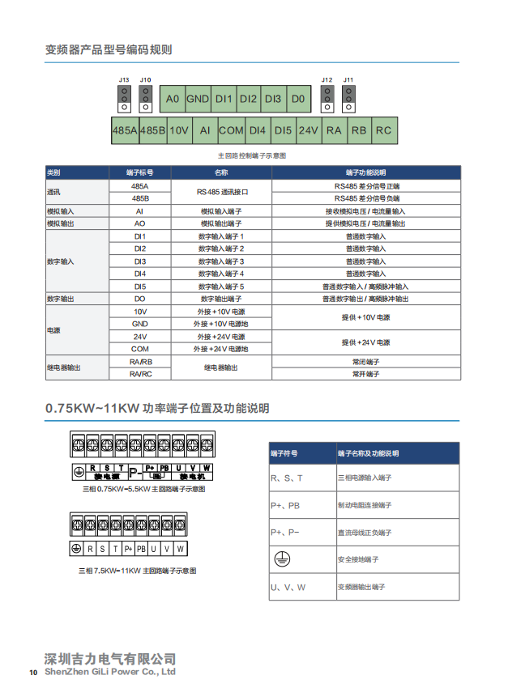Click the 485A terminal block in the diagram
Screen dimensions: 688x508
coord(124,130)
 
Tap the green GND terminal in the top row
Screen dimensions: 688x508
coord(198,99)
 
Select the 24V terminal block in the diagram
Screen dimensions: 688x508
coord(309,130)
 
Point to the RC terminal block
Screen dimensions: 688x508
coord(383,130)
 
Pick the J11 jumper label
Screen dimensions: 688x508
coord(348,79)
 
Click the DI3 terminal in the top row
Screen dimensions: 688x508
coord(273,99)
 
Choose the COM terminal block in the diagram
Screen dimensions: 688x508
coord(231,130)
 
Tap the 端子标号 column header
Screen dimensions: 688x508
coord(139,172)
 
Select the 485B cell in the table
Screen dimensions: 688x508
coord(139,197)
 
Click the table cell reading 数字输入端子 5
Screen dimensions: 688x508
coord(221,287)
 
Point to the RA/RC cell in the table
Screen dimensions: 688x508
coord(139,374)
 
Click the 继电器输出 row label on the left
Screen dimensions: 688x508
coord(64,367)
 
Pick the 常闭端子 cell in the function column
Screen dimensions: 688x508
coord(365,362)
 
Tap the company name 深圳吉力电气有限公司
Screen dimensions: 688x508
coord(109,659)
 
